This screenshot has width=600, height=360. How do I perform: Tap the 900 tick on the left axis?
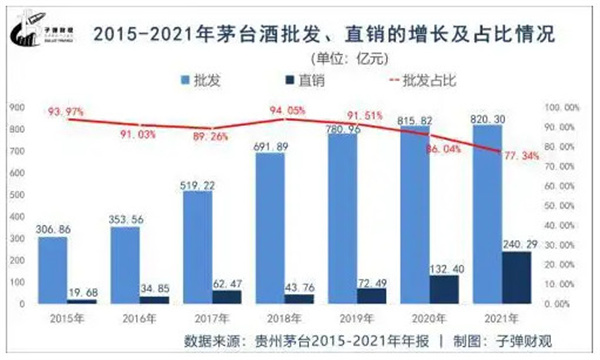pyautogui.click(x=18, y=106)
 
